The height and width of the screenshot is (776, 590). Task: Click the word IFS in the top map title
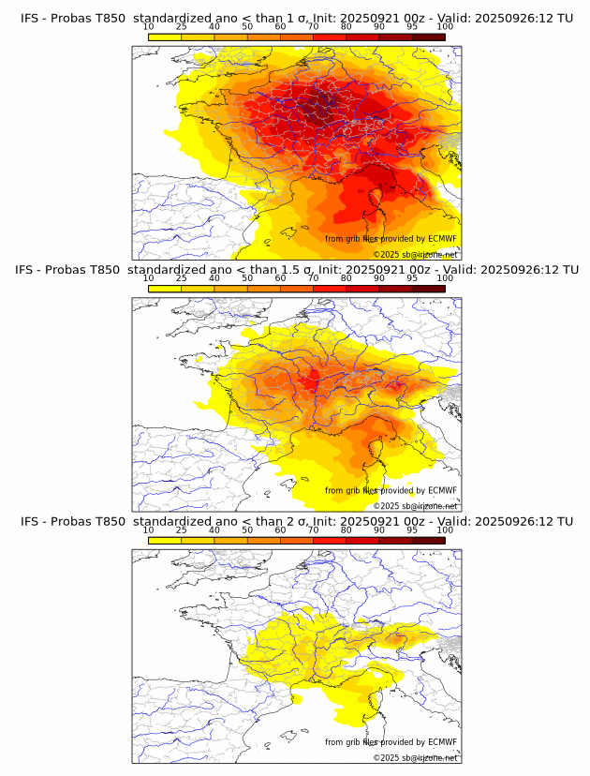tap(31, 18)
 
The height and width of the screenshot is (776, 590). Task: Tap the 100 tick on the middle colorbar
tap(445, 278)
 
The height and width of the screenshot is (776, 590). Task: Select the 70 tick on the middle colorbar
tap(313, 278)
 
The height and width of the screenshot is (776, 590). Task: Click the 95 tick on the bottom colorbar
tap(412, 530)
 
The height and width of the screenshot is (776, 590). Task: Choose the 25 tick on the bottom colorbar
tap(181, 530)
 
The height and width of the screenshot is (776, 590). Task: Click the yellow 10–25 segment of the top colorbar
tap(164, 37)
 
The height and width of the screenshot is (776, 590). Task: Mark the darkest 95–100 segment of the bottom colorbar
tap(428, 540)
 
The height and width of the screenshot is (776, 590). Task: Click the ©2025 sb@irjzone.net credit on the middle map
tap(415, 506)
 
